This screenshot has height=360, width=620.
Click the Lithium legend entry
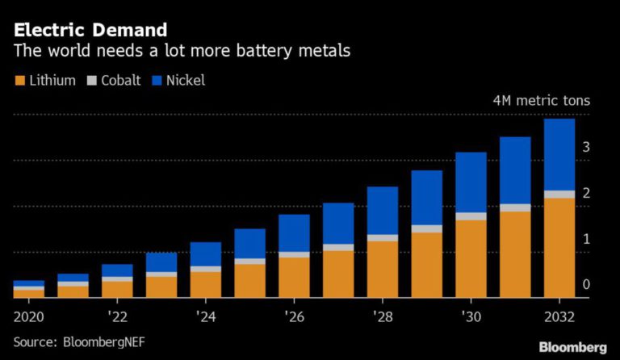click(45, 81)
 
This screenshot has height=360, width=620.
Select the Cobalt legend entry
click(116, 81)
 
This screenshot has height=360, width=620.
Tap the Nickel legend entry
click(182, 81)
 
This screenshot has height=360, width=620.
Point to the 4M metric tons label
click(542, 102)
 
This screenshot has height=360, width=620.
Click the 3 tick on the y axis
click(586, 147)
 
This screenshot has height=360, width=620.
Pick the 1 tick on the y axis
click(586, 239)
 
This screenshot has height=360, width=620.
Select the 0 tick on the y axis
click(586, 284)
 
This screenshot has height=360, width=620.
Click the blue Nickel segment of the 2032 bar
click(559, 154)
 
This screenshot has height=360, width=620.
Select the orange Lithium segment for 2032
click(559, 247)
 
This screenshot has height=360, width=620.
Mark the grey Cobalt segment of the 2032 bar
click(559, 194)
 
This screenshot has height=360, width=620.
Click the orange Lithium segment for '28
click(383, 269)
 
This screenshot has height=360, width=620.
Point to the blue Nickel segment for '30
click(471, 182)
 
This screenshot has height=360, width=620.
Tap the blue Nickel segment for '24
click(206, 253)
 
